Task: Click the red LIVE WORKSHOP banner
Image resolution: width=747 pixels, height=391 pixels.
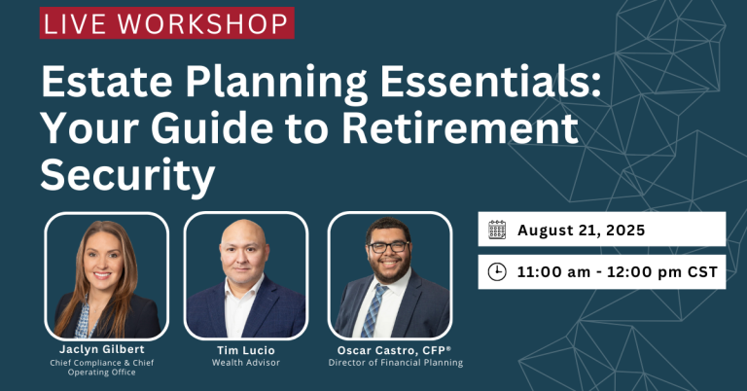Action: (166, 23)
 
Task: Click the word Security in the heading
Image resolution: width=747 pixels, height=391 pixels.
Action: (126, 176)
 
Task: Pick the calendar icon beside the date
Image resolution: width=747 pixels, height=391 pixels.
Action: (497, 231)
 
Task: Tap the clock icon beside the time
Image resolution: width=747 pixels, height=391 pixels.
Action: (497, 272)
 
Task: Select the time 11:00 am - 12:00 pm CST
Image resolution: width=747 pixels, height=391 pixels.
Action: (618, 272)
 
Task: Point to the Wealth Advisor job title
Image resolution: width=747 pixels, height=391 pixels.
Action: (245, 363)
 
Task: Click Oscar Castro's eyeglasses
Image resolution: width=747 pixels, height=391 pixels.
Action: (389, 247)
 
